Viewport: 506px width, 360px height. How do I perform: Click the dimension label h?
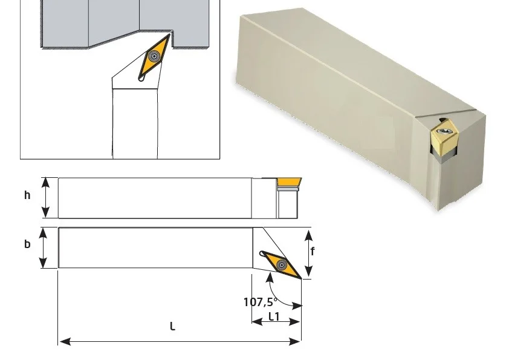click(27, 195)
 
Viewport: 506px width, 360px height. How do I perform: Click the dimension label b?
click(27, 244)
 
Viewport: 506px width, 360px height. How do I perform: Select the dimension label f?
click(313, 251)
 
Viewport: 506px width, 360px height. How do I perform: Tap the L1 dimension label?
click(274, 316)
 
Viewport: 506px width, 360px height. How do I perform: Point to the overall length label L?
click(173, 327)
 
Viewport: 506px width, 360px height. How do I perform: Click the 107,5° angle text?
click(260, 302)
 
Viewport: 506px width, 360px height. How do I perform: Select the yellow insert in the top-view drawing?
click(281, 264)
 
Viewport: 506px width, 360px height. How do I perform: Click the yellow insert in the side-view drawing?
click(289, 182)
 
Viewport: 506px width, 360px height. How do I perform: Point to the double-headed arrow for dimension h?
click(46, 197)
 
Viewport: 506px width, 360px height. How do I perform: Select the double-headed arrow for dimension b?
click(43, 247)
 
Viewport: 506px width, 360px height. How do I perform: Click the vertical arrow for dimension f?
click(309, 254)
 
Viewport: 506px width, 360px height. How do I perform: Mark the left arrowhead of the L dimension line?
click(65, 341)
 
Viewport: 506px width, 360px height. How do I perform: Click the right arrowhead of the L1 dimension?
click(295, 321)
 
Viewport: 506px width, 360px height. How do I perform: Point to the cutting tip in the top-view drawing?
click(301, 278)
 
